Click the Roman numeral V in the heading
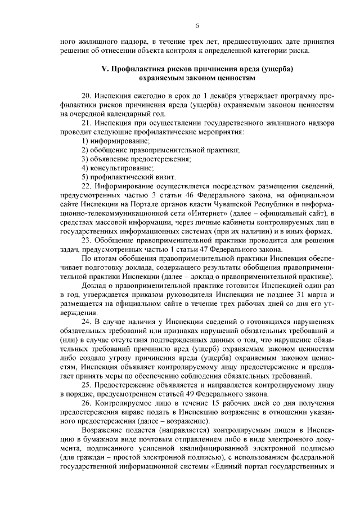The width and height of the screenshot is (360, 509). coord(103,69)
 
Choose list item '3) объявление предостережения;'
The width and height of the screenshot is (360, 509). coord(136,159)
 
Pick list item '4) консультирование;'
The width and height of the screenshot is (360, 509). coord(118,168)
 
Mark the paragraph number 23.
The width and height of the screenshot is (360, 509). coord(86,241)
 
